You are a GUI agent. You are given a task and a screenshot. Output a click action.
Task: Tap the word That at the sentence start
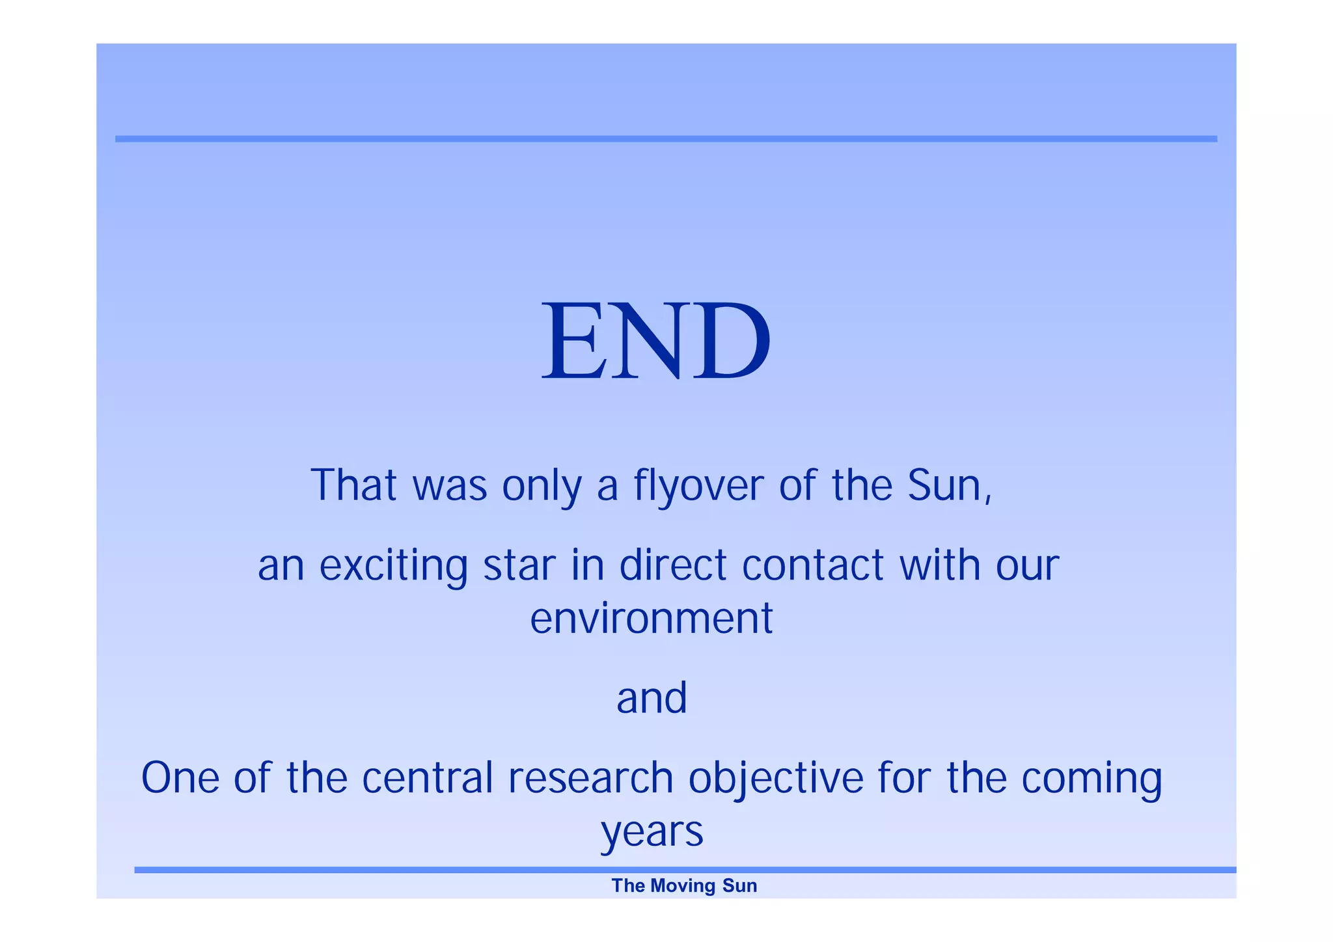click(353, 485)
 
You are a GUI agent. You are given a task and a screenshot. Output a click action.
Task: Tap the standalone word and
click(652, 698)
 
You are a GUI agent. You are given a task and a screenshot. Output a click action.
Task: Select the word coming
click(1092, 779)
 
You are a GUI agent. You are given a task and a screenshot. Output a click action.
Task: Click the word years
click(652, 832)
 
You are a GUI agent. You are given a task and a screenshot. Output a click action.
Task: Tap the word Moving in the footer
click(683, 886)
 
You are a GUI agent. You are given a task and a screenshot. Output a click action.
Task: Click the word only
click(541, 487)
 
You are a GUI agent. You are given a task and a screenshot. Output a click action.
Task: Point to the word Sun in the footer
click(740, 886)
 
